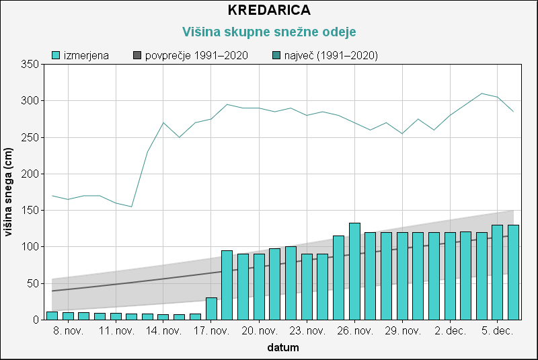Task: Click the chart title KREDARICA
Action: click(269, 11)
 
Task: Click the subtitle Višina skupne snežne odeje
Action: click(269, 32)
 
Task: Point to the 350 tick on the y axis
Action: click(30, 65)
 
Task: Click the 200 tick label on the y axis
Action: click(30, 174)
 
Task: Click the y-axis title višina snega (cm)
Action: click(9, 192)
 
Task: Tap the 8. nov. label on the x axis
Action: click(68, 331)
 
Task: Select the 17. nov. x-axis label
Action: click(211, 331)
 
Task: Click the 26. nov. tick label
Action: click(354, 331)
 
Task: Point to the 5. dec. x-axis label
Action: click(498, 331)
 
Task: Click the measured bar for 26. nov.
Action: click(354, 271)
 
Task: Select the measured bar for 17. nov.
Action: click(211, 309)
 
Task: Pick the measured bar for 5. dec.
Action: click(498, 273)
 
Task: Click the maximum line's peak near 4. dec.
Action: click(482, 94)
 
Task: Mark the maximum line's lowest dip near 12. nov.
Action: click(132, 207)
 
